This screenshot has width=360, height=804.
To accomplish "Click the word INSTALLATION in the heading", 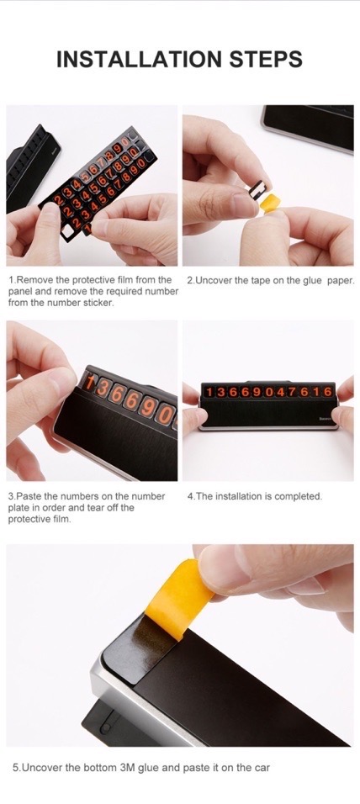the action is point(139,60).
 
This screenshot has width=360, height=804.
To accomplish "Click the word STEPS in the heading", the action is point(266,60).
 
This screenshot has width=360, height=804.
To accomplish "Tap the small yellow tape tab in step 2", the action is point(270,202).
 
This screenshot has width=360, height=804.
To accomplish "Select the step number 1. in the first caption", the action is point(12,281).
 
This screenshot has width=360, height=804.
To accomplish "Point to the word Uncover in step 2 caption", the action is point(209,281).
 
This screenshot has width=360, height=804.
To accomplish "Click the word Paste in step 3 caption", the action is point(25,496).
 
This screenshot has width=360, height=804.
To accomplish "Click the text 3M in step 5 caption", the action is point(126,768).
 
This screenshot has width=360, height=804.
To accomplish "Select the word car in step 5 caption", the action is point(262,768).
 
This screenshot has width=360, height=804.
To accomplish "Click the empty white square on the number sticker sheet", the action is point(67,232).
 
